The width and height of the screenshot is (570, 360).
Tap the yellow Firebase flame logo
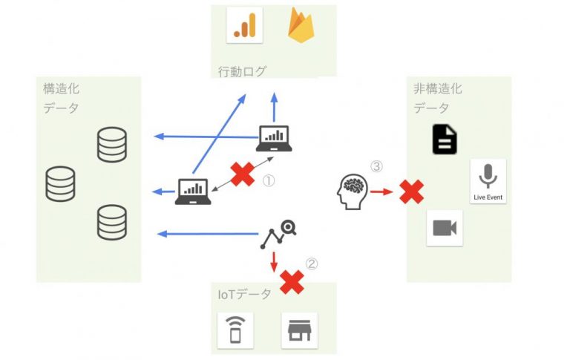click(300, 25)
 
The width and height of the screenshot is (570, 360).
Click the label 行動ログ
click(242, 72)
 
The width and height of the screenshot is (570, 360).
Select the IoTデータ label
click(245, 295)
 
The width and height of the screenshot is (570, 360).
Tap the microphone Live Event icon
click(488, 181)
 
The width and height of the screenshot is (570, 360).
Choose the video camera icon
click(445, 228)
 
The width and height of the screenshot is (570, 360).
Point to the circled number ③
click(376, 167)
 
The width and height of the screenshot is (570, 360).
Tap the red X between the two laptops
click(242, 175)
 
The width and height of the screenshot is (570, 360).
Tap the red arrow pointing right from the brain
click(381, 192)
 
